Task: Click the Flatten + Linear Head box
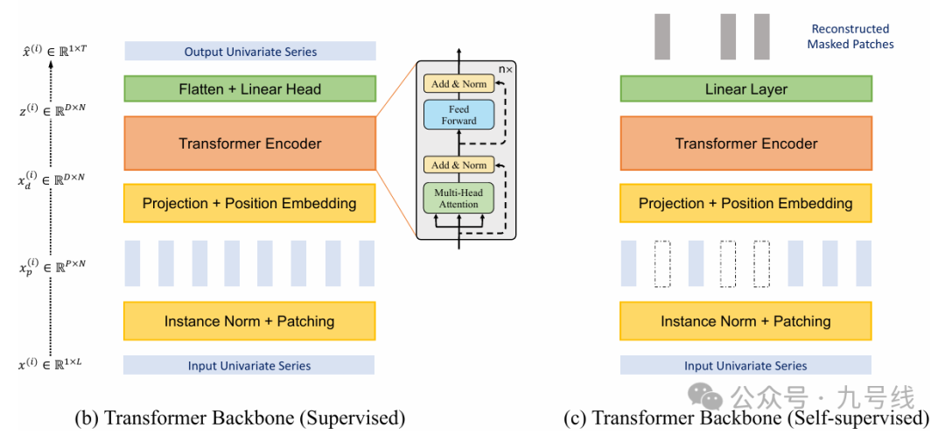pyautogui.click(x=249, y=88)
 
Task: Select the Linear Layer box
pyautogui.click(x=745, y=88)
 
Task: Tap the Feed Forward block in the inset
pyautogui.click(x=458, y=115)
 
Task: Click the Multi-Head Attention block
pyautogui.click(x=458, y=198)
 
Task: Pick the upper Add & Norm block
pyautogui.click(x=458, y=84)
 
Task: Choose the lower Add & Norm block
pyautogui.click(x=458, y=165)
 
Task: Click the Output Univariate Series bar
pyautogui.click(x=249, y=52)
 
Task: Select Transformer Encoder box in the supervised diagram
pyautogui.click(x=249, y=144)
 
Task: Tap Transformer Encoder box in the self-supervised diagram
pyautogui.click(x=745, y=144)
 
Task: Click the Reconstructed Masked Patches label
pyautogui.click(x=850, y=37)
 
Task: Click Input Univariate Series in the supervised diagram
pyautogui.click(x=249, y=366)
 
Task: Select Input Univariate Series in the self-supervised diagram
pyautogui.click(x=745, y=366)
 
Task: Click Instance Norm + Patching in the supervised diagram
pyautogui.click(x=249, y=321)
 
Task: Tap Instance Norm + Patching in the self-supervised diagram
pyautogui.click(x=745, y=321)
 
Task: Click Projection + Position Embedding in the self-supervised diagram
pyautogui.click(x=745, y=203)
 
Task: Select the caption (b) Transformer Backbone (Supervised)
pyautogui.click(x=254, y=417)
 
